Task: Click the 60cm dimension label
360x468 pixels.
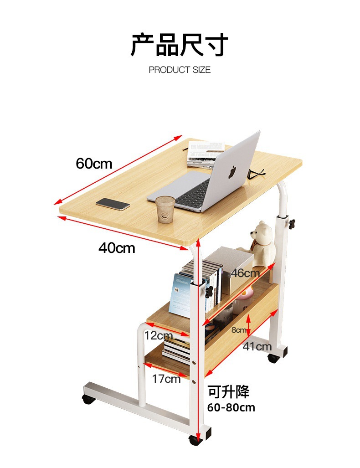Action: [x=94, y=163]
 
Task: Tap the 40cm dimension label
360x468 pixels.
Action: [x=117, y=248]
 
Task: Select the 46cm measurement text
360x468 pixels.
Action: [x=245, y=273]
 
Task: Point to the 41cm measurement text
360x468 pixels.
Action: [x=257, y=347]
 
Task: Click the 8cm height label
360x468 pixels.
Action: [x=238, y=330]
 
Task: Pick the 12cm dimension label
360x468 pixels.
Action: [x=158, y=336]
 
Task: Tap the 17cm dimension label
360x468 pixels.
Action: [x=166, y=378]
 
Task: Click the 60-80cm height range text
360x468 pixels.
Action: [x=231, y=407]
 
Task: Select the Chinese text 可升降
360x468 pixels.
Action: [x=229, y=391]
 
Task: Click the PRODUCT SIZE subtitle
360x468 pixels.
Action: [x=180, y=70]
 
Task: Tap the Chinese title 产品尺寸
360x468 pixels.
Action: [x=180, y=45]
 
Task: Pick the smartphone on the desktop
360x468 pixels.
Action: [x=113, y=204]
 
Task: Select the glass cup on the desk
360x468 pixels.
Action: [x=165, y=209]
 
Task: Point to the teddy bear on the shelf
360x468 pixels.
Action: [x=263, y=243]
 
